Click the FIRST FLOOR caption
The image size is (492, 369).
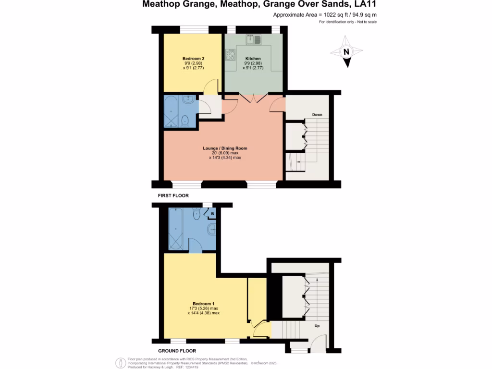[173, 196]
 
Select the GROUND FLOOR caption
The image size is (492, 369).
[177, 351]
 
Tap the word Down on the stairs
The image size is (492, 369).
[317, 115]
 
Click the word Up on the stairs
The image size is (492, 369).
[317, 326]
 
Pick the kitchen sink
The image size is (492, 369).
[253, 39]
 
